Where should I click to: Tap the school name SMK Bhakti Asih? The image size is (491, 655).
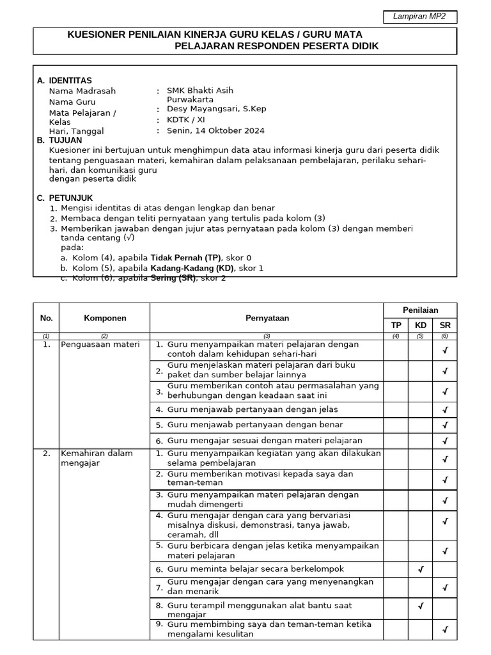pyautogui.click(x=196, y=91)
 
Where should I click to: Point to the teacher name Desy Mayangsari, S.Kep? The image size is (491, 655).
pyautogui.click(x=217, y=109)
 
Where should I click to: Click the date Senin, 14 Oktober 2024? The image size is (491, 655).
pyautogui.click(x=215, y=130)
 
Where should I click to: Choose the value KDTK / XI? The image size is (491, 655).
pyautogui.click(x=186, y=120)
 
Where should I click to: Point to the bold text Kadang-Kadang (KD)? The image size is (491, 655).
pyautogui.click(x=192, y=268)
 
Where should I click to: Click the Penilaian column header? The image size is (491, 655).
pyautogui.click(x=420, y=310)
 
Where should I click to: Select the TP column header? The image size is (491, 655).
pyautogui.click(x=396, y=325)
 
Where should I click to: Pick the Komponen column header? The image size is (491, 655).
pyautogui.click(x=105, y=318)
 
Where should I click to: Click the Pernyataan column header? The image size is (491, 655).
pyautogui.click(x=267, y=318)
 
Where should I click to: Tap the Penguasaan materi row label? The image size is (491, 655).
pyautogui.click(x=100, y=344)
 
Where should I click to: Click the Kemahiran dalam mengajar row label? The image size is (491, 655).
pyautogui.click(x=97, y=458)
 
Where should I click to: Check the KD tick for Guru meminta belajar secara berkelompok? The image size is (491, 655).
pyautogui.click(x=420, y=569)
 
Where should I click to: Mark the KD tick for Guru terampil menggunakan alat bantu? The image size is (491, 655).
pyautogui.click(x=420, y=605)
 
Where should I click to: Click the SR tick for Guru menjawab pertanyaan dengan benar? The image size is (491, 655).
pyautogui.click(x=445, y=425)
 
